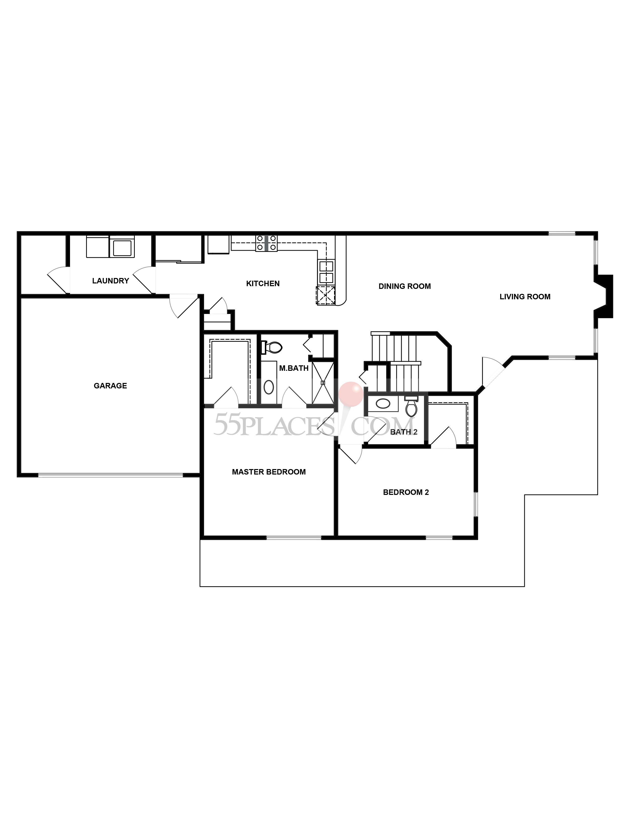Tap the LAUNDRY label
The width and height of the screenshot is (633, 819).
point(111,280)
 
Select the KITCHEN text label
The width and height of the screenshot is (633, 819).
point(263,283)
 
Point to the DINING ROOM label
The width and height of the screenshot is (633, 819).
point(405,286)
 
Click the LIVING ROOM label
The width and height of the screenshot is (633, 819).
point(525,297)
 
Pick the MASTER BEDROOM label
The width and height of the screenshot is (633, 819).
point(269,472)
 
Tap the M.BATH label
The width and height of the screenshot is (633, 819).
point(294,368)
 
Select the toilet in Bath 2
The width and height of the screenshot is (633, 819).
point(411,408)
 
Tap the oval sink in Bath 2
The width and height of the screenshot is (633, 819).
point(383,404)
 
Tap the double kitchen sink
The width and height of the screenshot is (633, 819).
point(326,272)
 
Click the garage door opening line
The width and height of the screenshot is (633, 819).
point(111,475)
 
